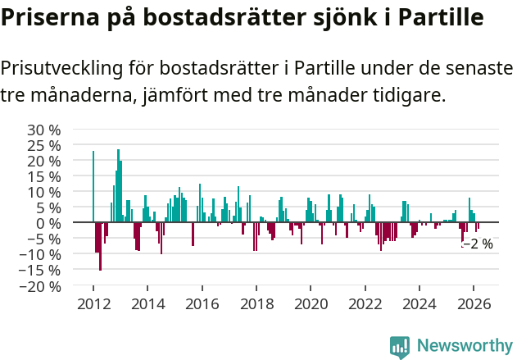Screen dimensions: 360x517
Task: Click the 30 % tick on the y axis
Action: tap(45, 130)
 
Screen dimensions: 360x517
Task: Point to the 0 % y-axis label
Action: tap(50, 224)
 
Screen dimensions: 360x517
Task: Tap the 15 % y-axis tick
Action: tap(45, 176)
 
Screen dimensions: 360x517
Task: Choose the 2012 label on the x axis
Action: tap(93, 304)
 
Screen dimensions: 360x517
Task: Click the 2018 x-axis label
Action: tap(256, 304)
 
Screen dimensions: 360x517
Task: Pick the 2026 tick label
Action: tap(474, 304)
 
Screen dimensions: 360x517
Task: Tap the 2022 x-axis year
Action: tap(365, 304)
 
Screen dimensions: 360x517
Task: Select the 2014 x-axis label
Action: tap(147, 304)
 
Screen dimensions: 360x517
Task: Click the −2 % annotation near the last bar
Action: tap(478, 244)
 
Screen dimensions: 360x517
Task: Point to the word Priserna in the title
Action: tap(51, 18)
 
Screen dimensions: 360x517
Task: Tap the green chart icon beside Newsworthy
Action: tap(400, 346)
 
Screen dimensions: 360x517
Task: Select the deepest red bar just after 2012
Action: tap(100, 246)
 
